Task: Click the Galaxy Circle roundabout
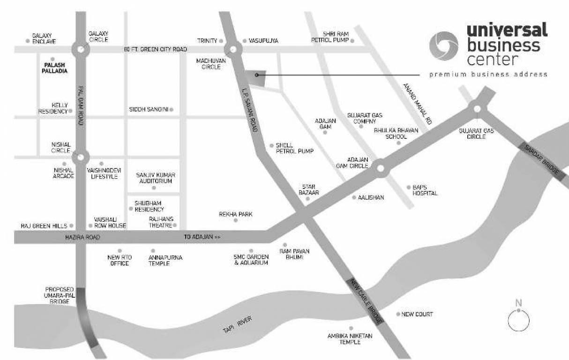pos(81,49)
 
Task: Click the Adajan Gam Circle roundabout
pos(381,167)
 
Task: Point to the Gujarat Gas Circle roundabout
pos(477,109)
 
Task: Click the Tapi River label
pos(238,325)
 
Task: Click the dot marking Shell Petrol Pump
pos(271,145)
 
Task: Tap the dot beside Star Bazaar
pos(308,199)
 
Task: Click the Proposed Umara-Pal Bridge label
pos(58,296)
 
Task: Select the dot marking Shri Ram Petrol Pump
pos(352,41)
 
